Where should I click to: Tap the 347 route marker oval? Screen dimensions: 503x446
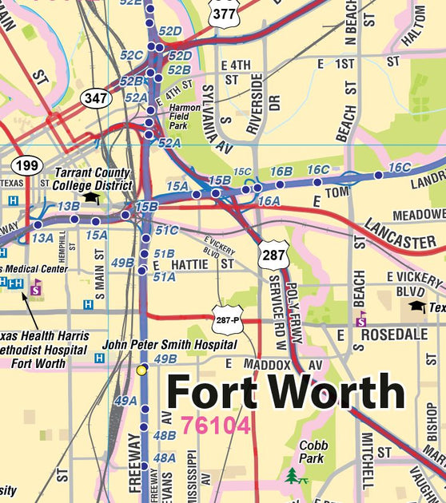coord(96,98)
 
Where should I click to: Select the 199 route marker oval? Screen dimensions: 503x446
coord(26,166)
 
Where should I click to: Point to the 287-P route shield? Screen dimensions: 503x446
coord(228,319)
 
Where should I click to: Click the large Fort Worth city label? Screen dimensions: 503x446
coord(286,391)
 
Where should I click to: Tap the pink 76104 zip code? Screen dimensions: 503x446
coord(216,425)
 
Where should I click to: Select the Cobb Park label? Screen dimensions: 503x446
coord(313,452)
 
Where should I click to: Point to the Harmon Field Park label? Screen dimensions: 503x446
coord(185,115)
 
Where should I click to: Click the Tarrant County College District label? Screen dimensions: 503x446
coord(93,178)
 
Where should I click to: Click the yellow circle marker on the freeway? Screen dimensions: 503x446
coord(141,370)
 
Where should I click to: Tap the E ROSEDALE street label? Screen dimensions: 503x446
coord(389,335)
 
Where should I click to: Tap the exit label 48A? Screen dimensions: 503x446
coord(164,457)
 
